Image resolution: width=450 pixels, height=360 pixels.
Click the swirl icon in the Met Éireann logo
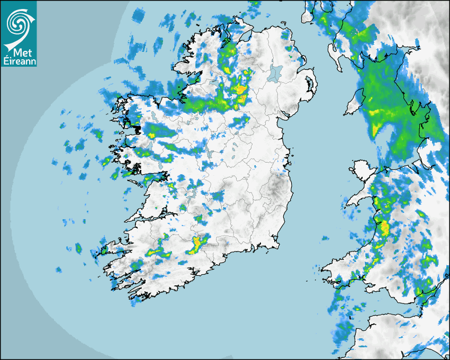pos(17,21)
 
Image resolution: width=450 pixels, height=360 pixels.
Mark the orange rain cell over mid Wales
pos(384,229)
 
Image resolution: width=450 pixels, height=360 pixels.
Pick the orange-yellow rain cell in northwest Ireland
pos(241,89)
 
